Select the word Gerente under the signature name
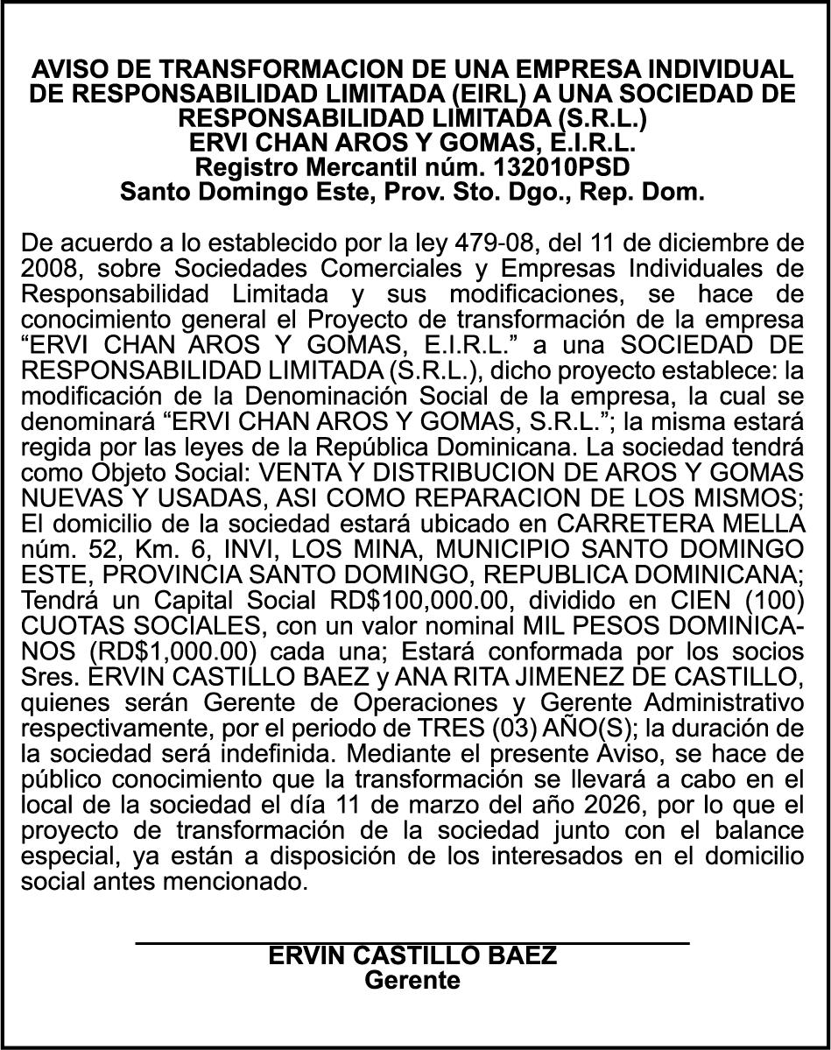412,979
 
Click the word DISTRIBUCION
419,473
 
